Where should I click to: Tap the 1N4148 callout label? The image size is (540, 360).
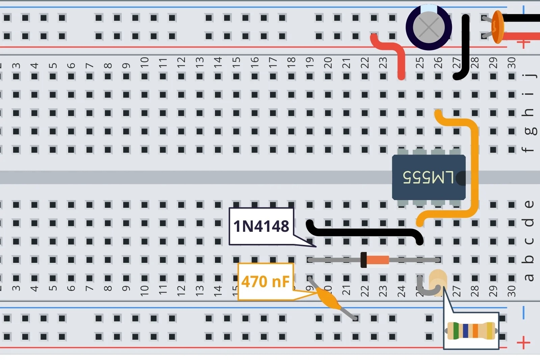(261, 226)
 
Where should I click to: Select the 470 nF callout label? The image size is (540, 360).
(265, 282)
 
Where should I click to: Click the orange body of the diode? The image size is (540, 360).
(378, 260)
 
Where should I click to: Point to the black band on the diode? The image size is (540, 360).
(363, 260)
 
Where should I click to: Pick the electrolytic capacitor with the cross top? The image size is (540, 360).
(429, 27)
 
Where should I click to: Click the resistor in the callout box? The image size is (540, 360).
(471, 331)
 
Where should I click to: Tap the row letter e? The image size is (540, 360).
(529, 204)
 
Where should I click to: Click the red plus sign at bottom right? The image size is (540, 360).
(523, 343)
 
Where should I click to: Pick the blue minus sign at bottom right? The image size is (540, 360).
(523, 313)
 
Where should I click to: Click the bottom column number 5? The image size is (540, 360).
(53, 288)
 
